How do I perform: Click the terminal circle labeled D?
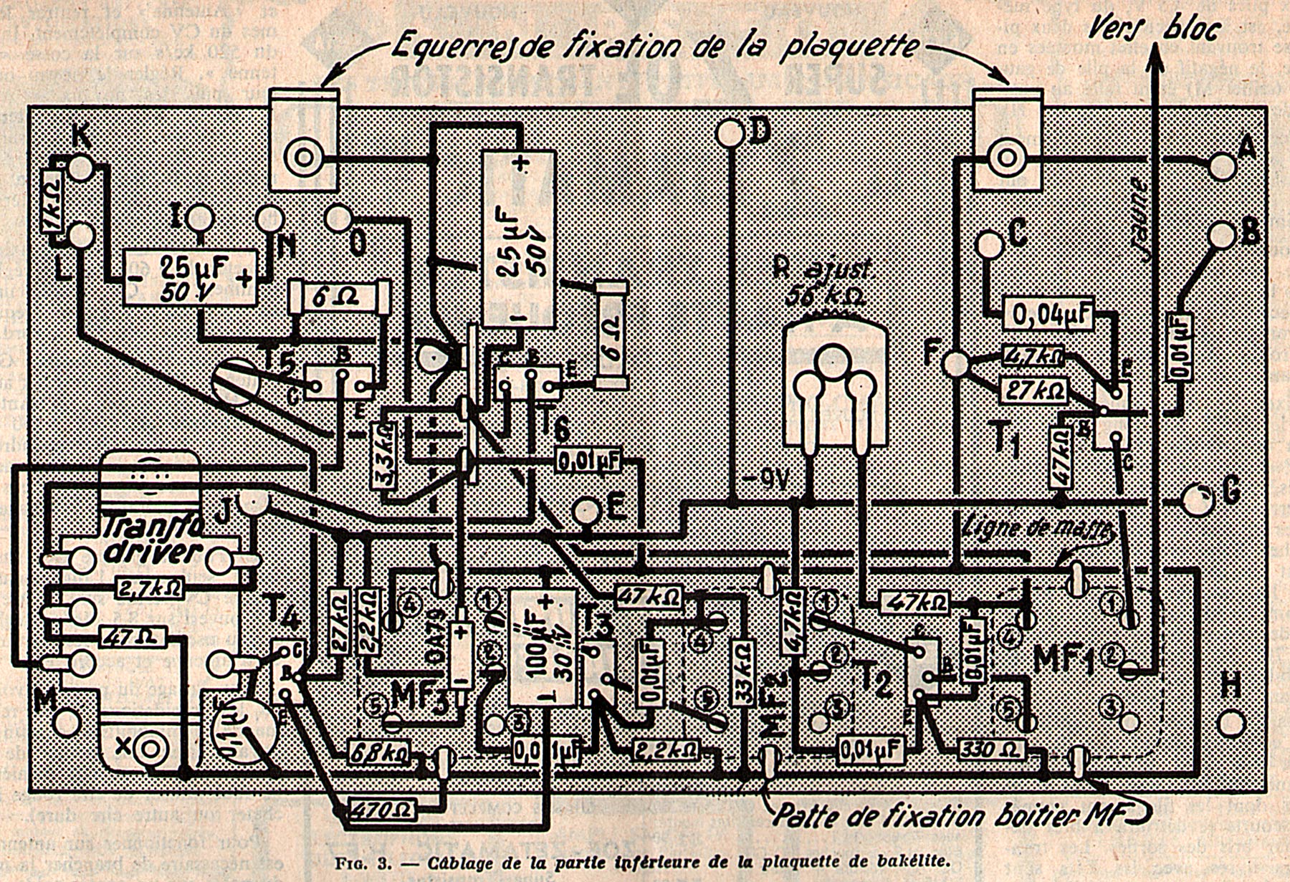730,133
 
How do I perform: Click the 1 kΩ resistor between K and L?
51,201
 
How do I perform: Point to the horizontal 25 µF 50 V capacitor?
189,277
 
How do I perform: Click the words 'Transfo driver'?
150,540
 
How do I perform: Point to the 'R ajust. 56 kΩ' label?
823,283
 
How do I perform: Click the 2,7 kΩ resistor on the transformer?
149,589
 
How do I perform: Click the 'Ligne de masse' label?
1040,527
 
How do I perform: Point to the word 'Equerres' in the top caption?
444,47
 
